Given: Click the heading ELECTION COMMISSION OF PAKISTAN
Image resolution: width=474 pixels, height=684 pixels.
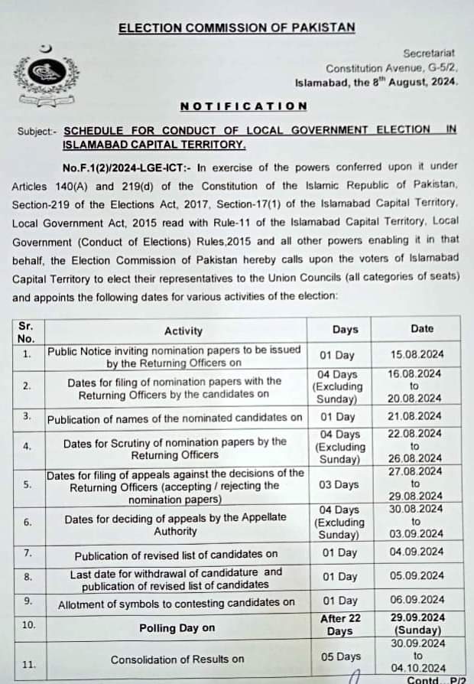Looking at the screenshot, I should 236,28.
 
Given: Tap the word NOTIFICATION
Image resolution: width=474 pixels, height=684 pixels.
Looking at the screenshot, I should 243,106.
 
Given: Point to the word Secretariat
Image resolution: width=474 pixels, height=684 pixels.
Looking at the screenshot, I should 428,54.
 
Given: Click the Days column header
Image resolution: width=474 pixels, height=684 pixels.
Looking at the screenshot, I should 345,329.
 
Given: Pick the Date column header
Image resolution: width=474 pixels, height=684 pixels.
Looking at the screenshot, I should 421,328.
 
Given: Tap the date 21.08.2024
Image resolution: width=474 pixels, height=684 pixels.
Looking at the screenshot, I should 415,416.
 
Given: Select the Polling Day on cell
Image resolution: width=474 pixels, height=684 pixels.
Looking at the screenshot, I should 177,627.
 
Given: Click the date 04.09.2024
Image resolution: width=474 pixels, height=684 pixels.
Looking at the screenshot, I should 415,552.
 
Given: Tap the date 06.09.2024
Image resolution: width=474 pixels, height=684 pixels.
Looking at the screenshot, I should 415,600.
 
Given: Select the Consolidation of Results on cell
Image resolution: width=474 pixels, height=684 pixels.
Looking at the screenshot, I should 177,659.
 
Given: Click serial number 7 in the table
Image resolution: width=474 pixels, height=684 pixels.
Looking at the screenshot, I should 27,552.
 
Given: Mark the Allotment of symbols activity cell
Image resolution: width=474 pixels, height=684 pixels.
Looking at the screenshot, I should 177,603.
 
